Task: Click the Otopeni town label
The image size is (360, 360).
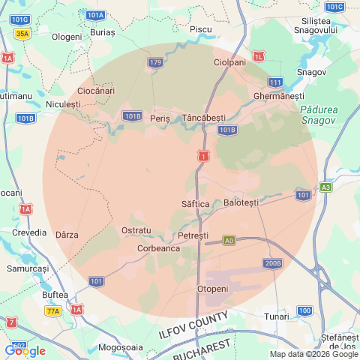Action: tap(212, 289)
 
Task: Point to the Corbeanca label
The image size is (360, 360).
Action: tap(158, 247)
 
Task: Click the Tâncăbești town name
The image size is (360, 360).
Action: tap(203, 118)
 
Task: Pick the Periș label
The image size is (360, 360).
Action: tap(160, 118)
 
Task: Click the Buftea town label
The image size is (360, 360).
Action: tap(55, 295)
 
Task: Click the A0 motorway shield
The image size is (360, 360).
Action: tap(229, 241)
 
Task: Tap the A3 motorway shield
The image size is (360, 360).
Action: tap(325, 187)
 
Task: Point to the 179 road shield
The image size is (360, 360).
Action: tap(155, 62)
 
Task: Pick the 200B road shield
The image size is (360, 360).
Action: tap(272, 263)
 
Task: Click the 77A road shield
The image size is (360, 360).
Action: tap(53, 310)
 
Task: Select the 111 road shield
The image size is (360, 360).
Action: tap(275, 82)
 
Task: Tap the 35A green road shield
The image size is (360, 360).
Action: tap(22, 34)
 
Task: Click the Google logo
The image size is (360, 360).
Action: tap(25, 350)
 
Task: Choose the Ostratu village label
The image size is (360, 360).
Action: tap(136, 229)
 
